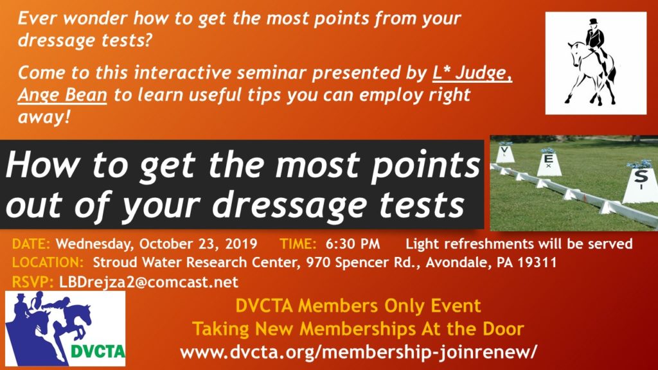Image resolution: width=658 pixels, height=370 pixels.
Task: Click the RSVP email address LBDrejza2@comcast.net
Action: [x=148, y=282]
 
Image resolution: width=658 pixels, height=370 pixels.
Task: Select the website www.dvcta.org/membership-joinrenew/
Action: [x=358, y=352]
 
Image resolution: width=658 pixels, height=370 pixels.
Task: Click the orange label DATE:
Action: [x=31, y=244]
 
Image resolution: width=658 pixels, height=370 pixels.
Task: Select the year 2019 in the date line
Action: [x=243, y=244]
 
